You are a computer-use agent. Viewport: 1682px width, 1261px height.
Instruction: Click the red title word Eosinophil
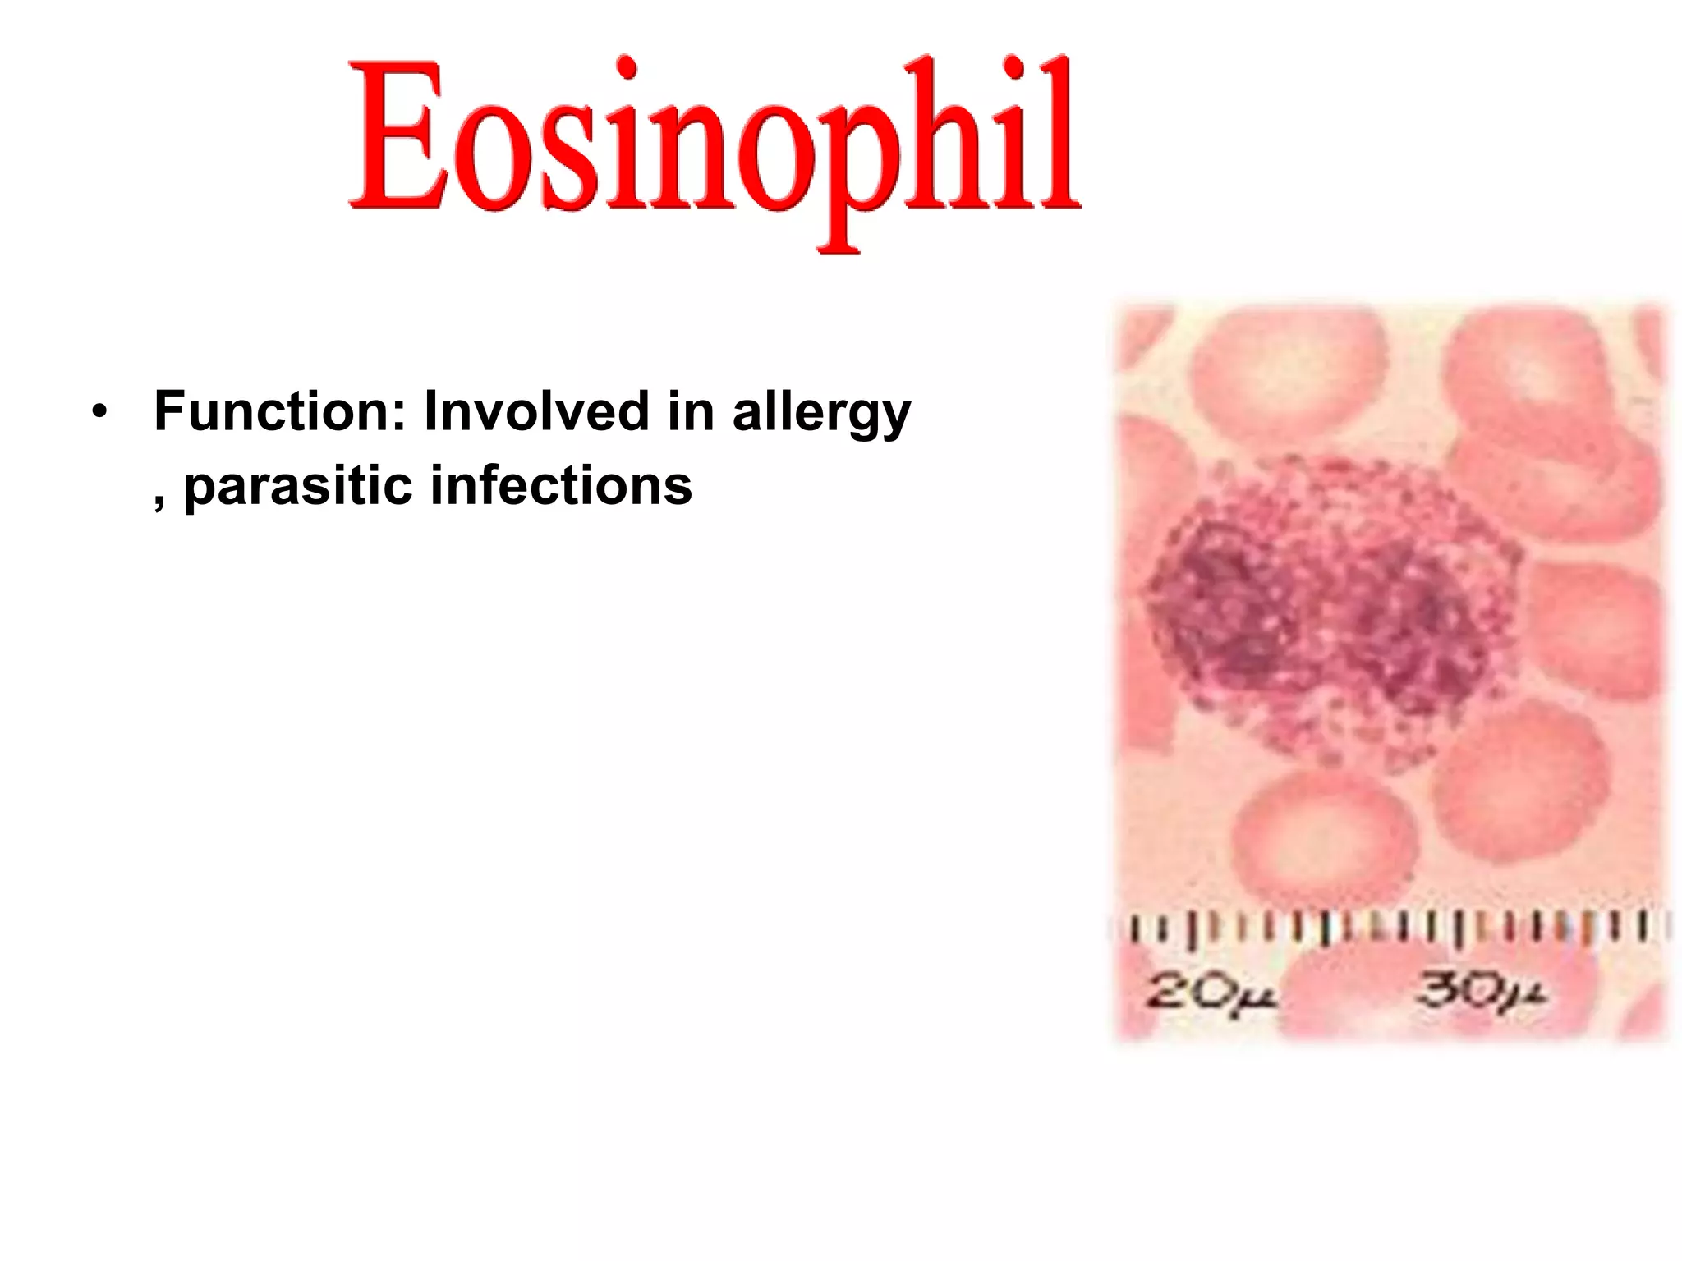point(713,140)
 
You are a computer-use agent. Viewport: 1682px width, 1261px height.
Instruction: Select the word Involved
point(536,411)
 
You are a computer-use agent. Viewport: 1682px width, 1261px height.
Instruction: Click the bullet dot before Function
point(99,413)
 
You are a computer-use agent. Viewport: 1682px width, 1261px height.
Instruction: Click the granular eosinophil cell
point(1330,608)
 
